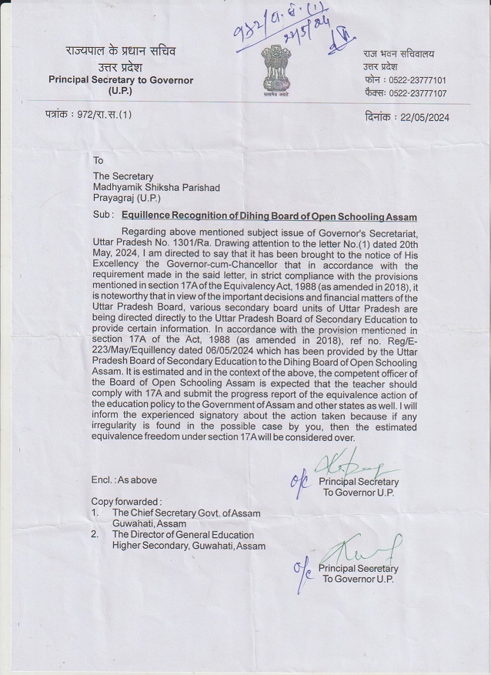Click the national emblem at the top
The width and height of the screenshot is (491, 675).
pos(273,65)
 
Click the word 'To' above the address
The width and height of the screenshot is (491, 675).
pos(98,161)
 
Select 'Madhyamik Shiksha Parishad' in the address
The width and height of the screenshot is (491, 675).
pos(156,189)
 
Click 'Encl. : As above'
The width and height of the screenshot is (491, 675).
pos(124,480)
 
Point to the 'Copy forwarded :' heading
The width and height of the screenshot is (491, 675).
pos(128,501)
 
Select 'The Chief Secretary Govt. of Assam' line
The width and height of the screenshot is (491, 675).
pos(185,513)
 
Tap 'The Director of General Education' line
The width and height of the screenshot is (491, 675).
pos(182,535)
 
